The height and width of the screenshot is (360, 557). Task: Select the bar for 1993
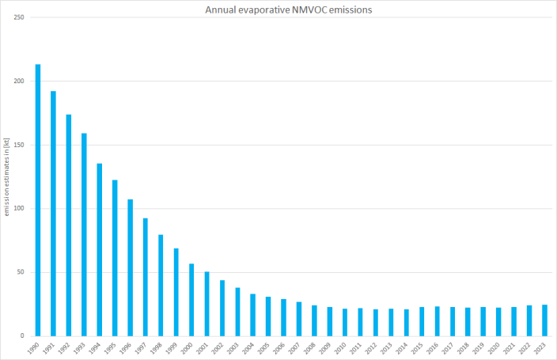pyautogui.click(x=84, y=234)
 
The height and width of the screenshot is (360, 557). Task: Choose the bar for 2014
pyautogui.click(x=407, y=323)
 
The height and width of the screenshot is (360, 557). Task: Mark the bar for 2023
pyautogui.click(x=545, y=320)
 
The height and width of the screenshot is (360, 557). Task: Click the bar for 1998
pyautogui.click(x=161, y=285)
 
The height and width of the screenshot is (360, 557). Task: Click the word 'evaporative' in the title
pyautogui.click(x=262, y=9)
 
